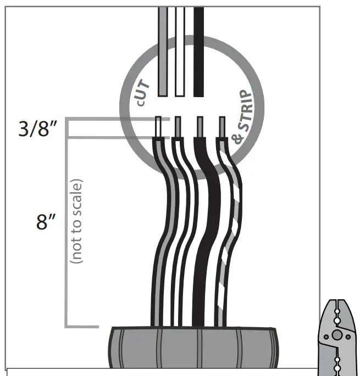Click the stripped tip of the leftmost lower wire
point(158,126)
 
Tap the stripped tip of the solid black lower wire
point(200,126)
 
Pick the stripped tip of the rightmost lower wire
point(222,126)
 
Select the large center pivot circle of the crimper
point(337,334)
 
